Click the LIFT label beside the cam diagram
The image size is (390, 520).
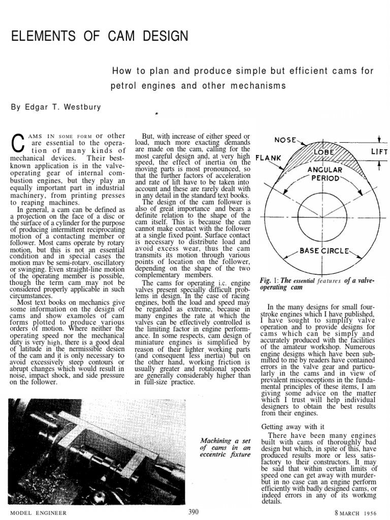[x=379, y=152]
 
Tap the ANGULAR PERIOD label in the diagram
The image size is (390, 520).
[x=323, y=173]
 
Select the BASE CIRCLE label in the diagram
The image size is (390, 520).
[x=323, y=250]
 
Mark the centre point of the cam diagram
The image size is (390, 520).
[x=324, y=216]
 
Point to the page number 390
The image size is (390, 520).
[x=193, y=511]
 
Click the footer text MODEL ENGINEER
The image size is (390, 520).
[x=34, y=513]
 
